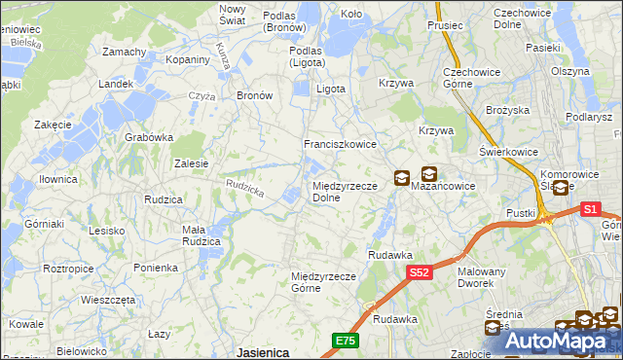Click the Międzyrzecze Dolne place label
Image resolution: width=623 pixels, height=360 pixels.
click(339, 191)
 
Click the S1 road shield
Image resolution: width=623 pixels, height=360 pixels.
click(590, 208)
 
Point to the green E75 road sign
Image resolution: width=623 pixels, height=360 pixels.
click(345, 340)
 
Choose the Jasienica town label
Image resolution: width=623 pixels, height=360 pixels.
click(262, 352)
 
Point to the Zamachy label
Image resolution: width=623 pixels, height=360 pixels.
click(124, 52)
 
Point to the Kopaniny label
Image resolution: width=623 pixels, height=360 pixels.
click(188, 59)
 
